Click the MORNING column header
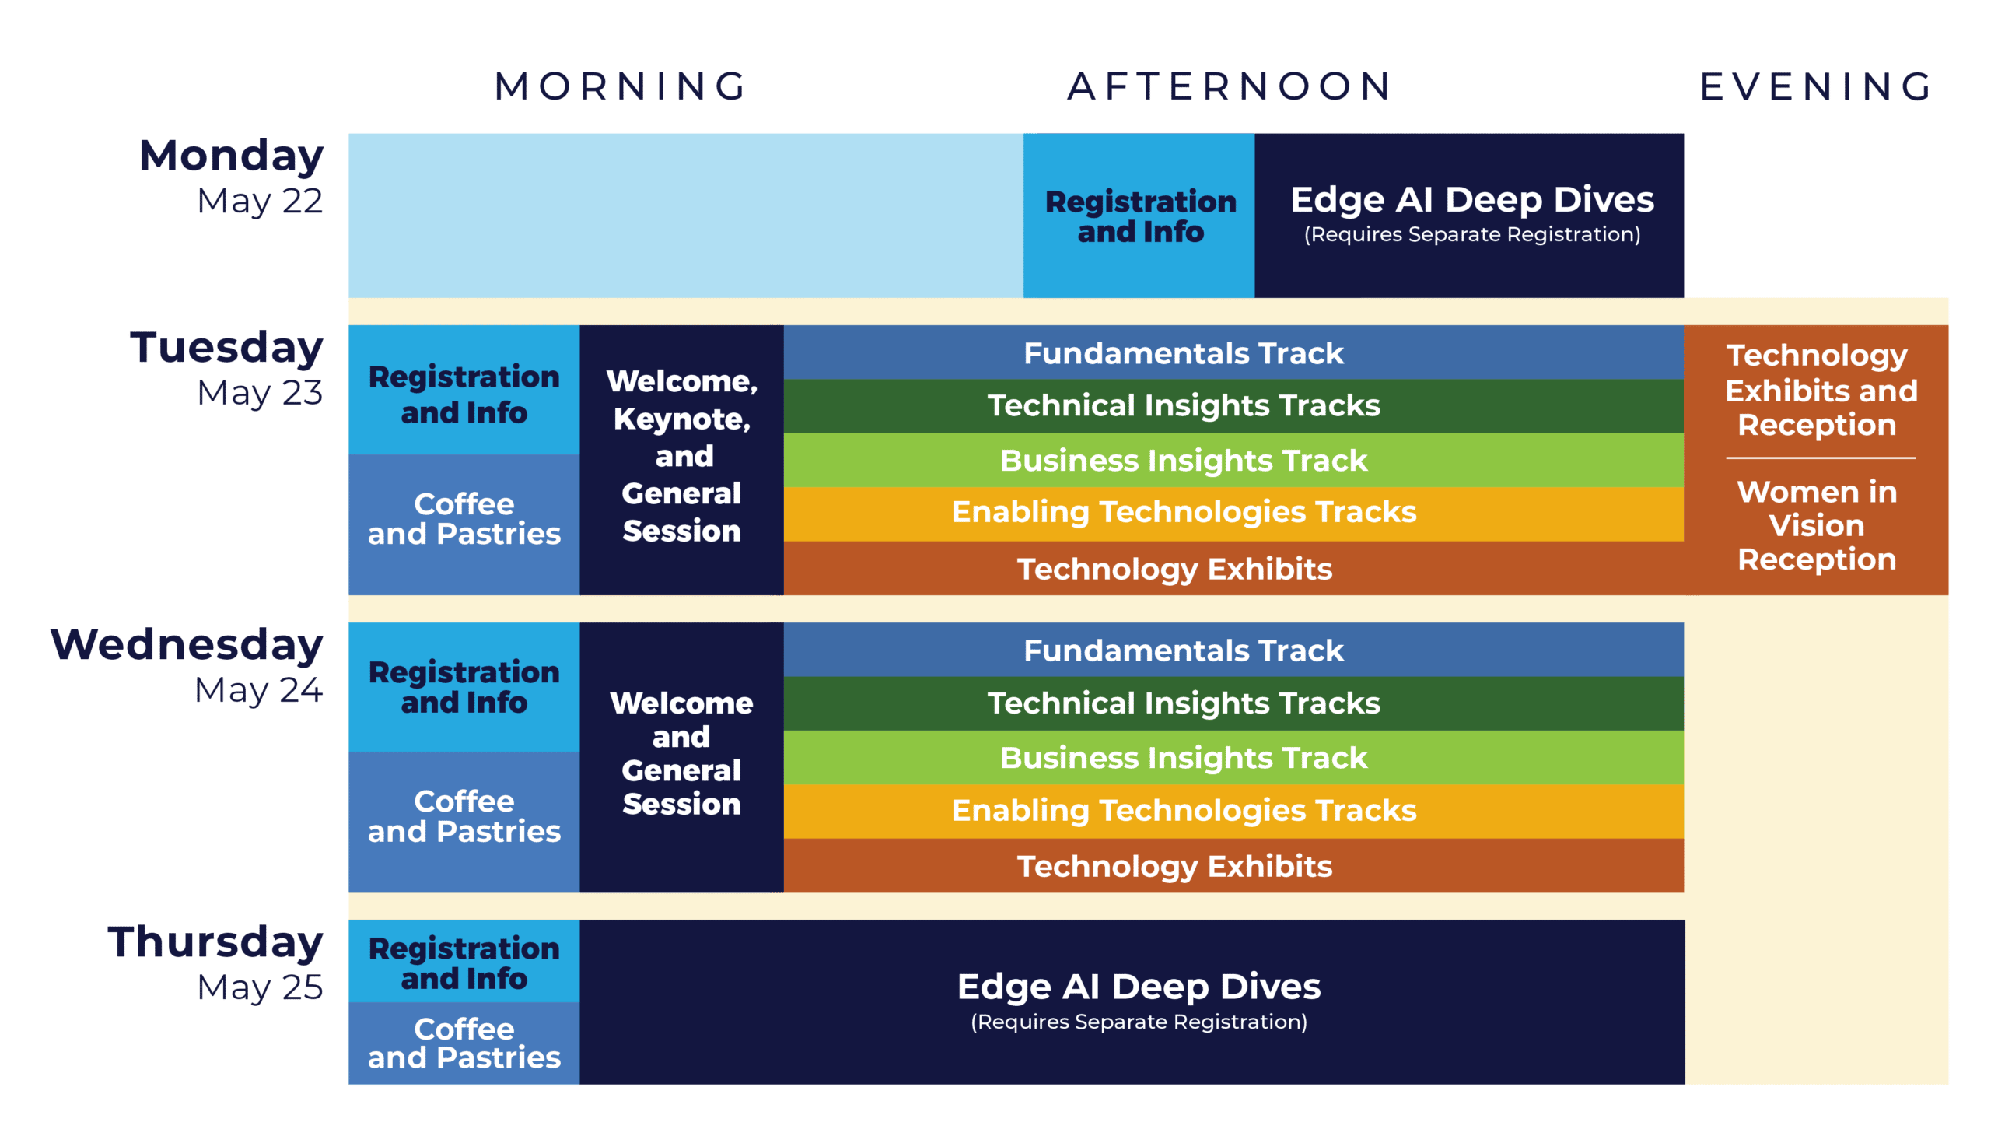pyautogui.click(x=621, y=86)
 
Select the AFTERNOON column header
pyautogui.click(x=1229, y=86)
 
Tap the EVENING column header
pyautogui.click(x=1816, y=86)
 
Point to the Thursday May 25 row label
pyautogui.click(x=216, y=963)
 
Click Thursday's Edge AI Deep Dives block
pyautogui.click(x=1139, y=1001)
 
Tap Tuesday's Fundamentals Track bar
pyautogui.click(x=1183, y=353)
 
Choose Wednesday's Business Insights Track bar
pyautogui.click(x=1183, y=758)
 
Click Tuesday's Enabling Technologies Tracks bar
pyautogui.click(x=1183, y=512)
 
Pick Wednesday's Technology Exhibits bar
pyautogui.click(x=1174, y=866)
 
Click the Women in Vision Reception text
pyautogui.click(x=1817, y=526)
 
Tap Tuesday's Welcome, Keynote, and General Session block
pyautogui.click(x=681, y=457)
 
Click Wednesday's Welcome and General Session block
pyautogui.click(x=681, y=753)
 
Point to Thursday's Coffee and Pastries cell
pyautogui.click(x=464, y=1043)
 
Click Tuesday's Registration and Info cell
pyautogui.click(x=464, y=394)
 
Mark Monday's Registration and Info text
pyautogui.click(x=1140, y=216)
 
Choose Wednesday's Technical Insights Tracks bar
pyautogui.click(x=1183, y=703)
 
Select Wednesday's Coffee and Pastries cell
pyautogui.click(x=464, y=817)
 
